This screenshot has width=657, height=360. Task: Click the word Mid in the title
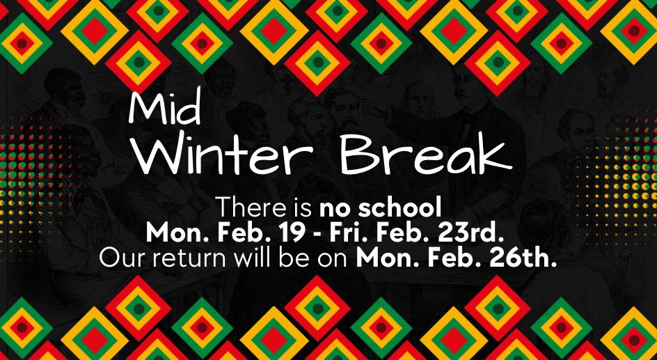(166, 109)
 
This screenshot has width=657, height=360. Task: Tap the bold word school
(395, 208)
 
